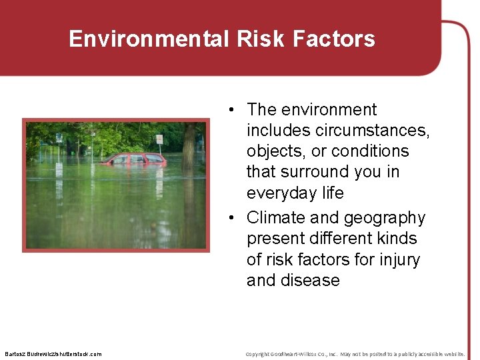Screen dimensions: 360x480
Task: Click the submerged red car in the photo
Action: point(134,159)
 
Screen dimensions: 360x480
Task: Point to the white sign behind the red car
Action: point(159,139)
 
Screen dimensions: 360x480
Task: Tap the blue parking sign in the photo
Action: point(58,138)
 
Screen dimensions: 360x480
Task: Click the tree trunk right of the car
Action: point(189,147)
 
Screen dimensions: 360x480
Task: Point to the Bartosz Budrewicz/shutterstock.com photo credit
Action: point(53,354)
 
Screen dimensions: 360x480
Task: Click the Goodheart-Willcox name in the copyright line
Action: point(303,354)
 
